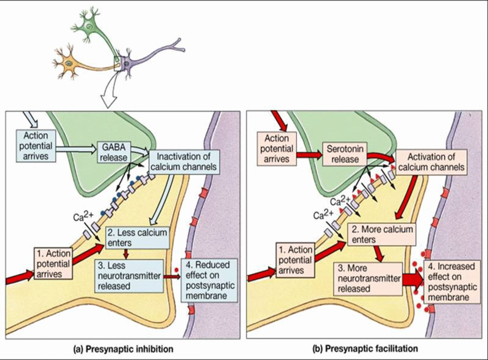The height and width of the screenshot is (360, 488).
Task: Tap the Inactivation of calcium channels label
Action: click(183, 161)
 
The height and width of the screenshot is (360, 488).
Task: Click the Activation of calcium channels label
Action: click(431, 162)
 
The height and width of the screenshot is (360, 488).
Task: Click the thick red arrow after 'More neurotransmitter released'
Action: click(413, 280)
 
